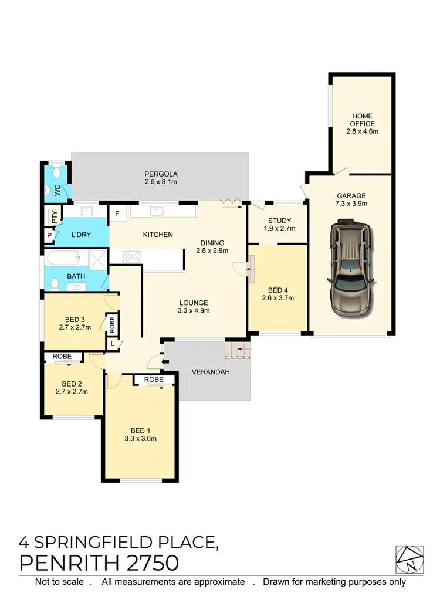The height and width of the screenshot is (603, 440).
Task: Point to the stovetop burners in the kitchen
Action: [131, 256]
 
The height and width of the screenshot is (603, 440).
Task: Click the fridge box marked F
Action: [117, 213]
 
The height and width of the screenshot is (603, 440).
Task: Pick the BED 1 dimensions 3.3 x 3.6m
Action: [140, 438]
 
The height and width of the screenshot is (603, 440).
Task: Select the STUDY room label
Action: [278, 221]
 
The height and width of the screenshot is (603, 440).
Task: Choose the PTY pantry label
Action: [53, 216]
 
